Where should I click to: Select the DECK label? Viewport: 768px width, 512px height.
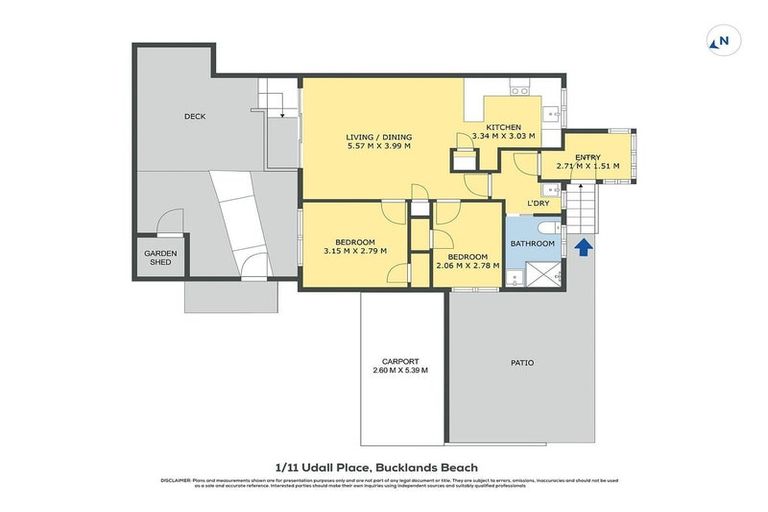tap(195, 116)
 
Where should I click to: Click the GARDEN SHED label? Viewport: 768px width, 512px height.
tap(160, 258)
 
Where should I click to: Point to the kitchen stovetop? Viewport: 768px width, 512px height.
tap(520, 92)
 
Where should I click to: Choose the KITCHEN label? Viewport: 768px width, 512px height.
tap(503, 127)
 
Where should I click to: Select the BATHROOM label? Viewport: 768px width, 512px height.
tap(532, 243)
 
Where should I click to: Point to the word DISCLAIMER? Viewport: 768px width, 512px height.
tap(175, 481)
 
